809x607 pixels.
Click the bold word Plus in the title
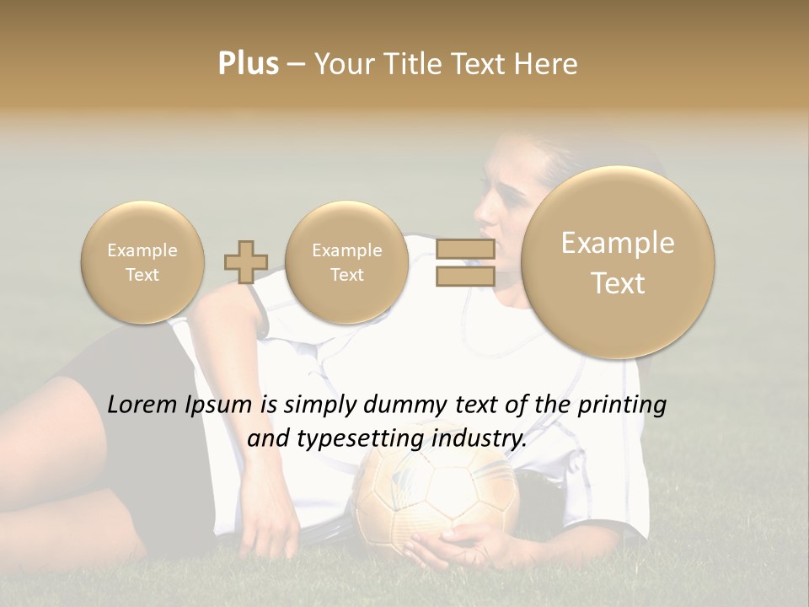click(248, 64)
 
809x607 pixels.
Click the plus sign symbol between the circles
click(246, 262)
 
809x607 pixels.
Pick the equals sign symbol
click(464, 262)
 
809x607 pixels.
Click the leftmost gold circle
click(142, 262)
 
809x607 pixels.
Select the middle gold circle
click(346, 262)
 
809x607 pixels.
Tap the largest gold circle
click(618, 262)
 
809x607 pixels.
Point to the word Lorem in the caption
click(143, 405)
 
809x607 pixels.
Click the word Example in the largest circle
click(618, 243)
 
